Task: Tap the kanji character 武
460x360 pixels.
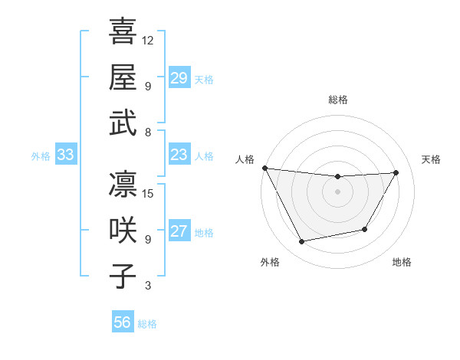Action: tap(123, 123)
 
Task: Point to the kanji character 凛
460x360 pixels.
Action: tap(123, 185)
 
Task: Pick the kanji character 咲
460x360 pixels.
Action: tap(123, 231)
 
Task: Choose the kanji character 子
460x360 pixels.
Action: tap(123, 277)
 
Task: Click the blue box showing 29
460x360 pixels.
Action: tap(179, 78)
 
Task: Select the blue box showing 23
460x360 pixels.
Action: tap(179, 155)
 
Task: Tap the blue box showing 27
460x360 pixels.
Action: tap(179, 231)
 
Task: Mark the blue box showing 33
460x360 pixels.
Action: tap(65, 155)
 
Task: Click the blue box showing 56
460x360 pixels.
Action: tap(122, 322)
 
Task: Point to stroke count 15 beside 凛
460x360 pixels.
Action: tap(149, 193)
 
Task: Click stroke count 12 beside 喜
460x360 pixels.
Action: tap(149, 40)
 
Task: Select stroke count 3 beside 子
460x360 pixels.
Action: tap(148, 286)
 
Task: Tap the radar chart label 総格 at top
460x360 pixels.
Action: tap(337, 100)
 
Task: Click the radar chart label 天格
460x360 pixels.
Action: tap(431, 159)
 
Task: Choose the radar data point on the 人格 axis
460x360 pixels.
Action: tap(265, 168)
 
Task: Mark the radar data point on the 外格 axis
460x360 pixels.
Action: tap(301, 242)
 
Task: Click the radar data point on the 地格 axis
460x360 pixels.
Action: tap(365, 229)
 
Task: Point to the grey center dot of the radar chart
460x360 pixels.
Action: tap(337, 191)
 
